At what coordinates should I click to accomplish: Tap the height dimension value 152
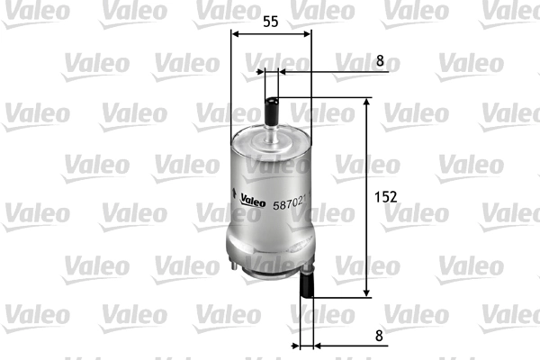click(384, 195)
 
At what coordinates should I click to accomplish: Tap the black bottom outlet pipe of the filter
click(306, 288)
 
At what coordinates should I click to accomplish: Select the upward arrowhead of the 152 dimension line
click(366, 103)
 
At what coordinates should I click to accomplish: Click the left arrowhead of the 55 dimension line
click(236, 33)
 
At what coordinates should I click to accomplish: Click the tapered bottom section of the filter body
click(270, 252)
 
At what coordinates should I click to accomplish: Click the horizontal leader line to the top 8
click(324, 70)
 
